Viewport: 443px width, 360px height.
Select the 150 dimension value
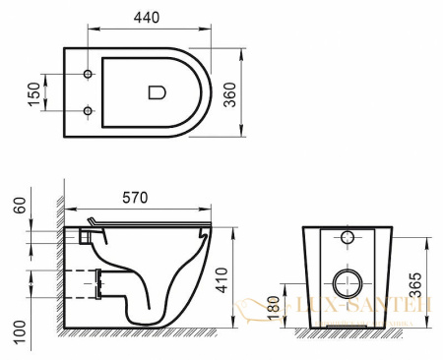pyautogui.click(x=32, y=94)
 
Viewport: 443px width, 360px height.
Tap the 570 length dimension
pyautogui.click(x=136, y=198)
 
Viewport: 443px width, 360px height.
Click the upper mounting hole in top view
pyautogui.click(x=89, y=76)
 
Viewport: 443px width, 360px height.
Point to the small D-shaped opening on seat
pyautogui.click(x=156, y=93)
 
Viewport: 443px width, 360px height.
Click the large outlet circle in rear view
pyautogui.click(x=347, y=284)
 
